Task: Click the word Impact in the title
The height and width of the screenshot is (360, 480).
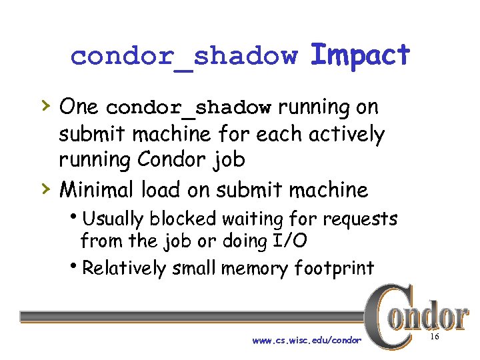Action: click(360, 55)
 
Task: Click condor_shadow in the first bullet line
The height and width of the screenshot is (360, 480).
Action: click(189, 108)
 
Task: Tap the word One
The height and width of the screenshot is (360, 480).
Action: click(79, 107)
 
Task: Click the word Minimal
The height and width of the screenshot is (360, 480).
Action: click(97, 190)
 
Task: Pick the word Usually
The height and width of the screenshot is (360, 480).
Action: click(114, 219)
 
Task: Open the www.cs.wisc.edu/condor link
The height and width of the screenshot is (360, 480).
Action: click(307, 341)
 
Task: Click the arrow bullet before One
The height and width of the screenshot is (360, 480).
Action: click(45, 105)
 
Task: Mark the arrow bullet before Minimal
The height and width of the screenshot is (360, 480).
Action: click(45, 189)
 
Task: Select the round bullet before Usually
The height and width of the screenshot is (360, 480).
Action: click(77, 217)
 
